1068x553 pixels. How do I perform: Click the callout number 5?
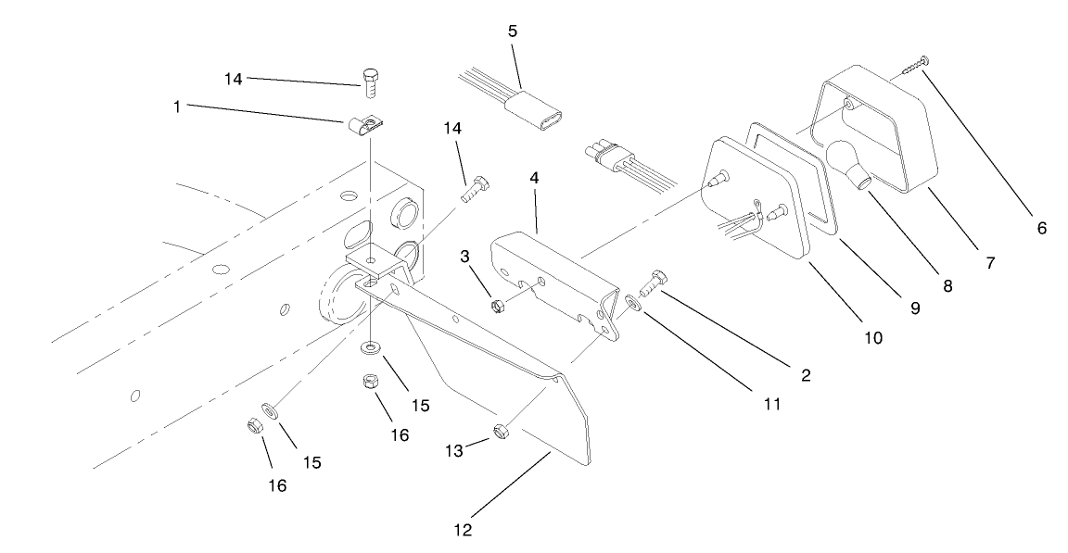pyautogui.click(x=512, y=31)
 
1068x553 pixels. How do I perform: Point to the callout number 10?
pyautogui.click(x=873, y=338)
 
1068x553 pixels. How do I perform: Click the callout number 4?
pyautogui.click(x=536, y=176)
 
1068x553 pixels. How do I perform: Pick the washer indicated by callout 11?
pyautogui.click(x=632, y=301)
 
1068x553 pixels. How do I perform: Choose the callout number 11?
pyautogui.click(x=772, y=404)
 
